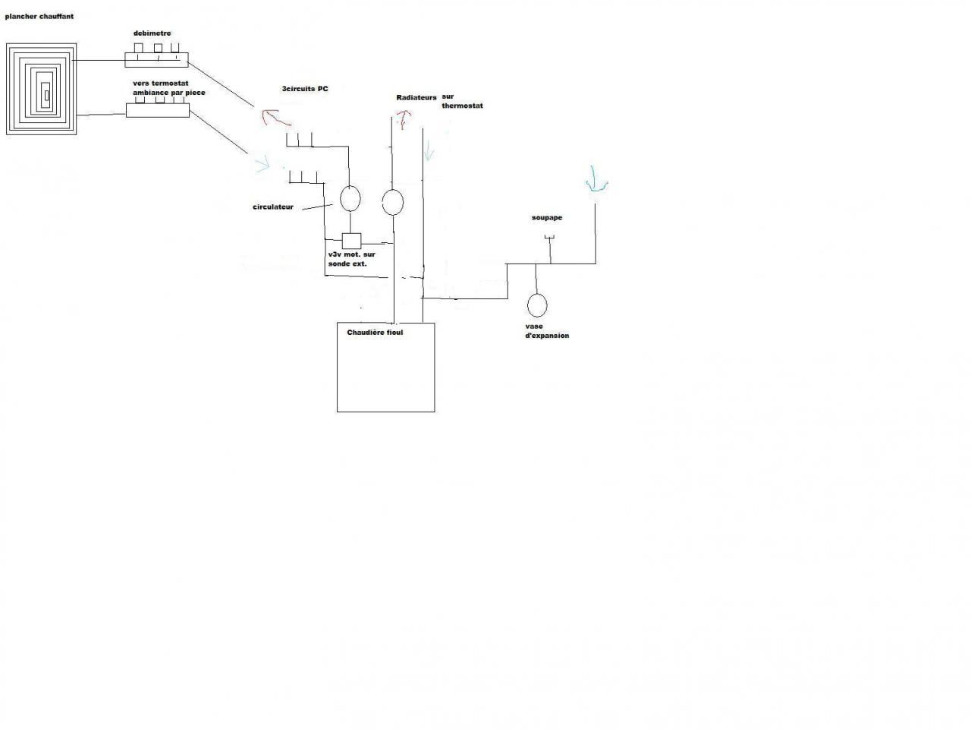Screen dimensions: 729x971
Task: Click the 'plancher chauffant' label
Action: tap(39, 17)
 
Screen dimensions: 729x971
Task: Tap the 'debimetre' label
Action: tap(152, 33)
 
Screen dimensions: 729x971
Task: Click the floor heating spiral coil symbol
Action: tap(42, 89)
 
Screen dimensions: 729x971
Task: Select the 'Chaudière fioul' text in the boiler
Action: tap(375, 333)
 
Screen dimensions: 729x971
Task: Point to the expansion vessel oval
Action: tap(537, 305)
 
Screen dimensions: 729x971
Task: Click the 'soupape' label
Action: tap(546, 218)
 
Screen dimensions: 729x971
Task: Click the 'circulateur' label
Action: tap(273, 207)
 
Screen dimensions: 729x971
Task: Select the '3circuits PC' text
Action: tap(305, 90)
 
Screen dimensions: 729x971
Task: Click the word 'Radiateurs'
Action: tap(416, 98)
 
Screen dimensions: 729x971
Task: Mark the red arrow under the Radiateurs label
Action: tap(401, 118)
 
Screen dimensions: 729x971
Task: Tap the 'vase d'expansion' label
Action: tap(546, 331)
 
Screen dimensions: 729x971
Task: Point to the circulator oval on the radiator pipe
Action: tap(392, 201)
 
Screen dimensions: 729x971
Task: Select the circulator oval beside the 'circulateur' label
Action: tap(350, 198)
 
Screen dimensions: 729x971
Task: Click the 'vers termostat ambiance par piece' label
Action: tap(168, 88)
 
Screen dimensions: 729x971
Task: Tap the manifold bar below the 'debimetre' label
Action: tap(156, 58)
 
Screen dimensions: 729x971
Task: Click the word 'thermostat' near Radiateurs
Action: tap(462, 106)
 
